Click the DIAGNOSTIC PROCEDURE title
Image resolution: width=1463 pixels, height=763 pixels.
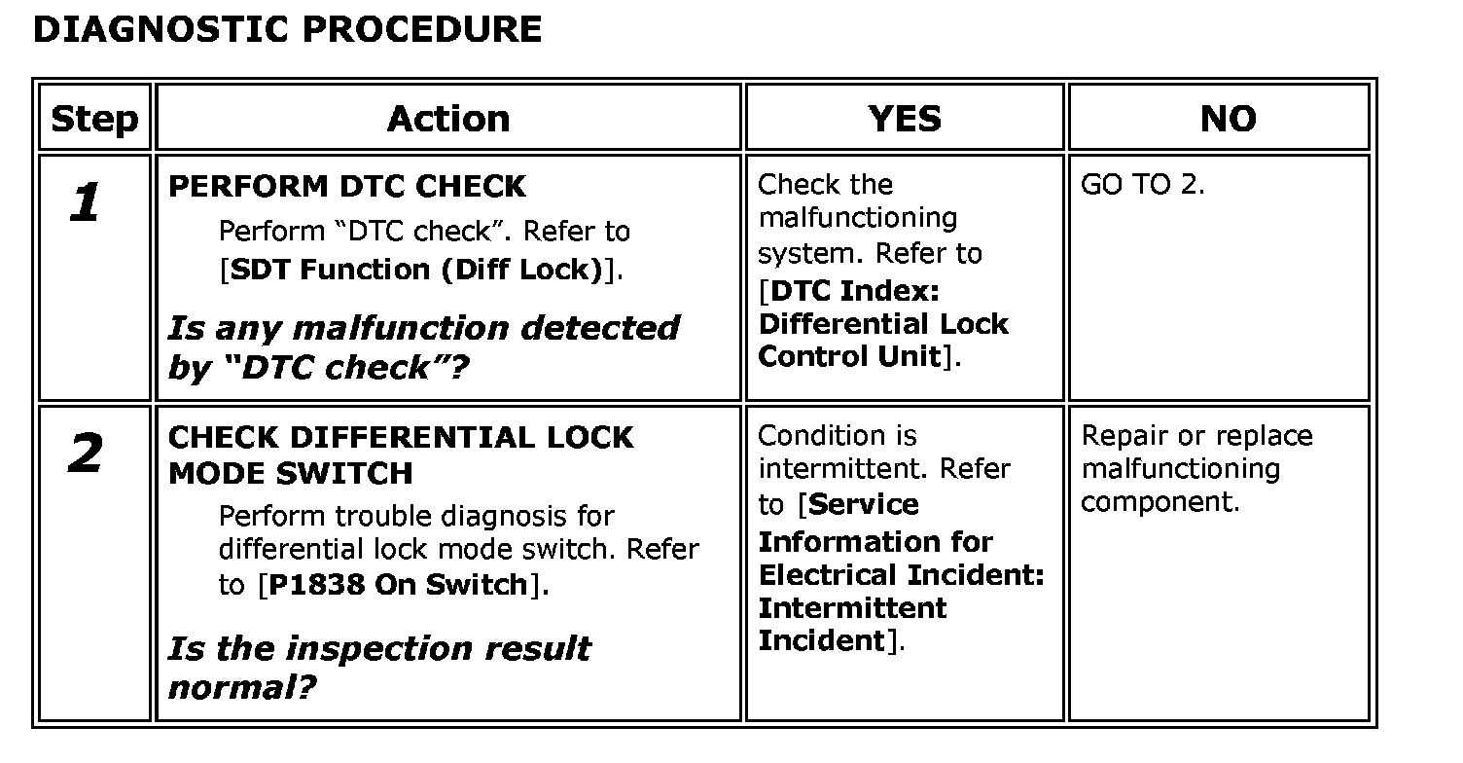(287, 29)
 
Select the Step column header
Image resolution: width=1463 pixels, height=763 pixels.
(94, 119)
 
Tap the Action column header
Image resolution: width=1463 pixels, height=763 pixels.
(448, 119)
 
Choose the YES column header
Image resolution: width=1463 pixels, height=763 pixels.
(905, 119)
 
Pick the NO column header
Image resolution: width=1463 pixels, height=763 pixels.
(1228, 119)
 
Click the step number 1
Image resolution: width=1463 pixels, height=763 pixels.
(86, 204)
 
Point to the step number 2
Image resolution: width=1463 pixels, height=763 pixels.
(86, 454)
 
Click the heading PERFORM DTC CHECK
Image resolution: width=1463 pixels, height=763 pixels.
(347, 186)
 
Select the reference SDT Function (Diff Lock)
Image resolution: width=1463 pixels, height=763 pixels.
(415, 270)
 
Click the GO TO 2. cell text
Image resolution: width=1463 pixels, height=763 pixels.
(1142, 185)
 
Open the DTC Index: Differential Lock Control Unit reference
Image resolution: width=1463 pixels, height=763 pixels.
(882, 324)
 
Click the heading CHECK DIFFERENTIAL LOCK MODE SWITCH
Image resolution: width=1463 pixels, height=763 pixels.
(401, 454)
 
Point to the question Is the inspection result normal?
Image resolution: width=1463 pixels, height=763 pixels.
(378, 667)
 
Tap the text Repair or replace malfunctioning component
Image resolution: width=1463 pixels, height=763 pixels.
(1196, 468)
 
